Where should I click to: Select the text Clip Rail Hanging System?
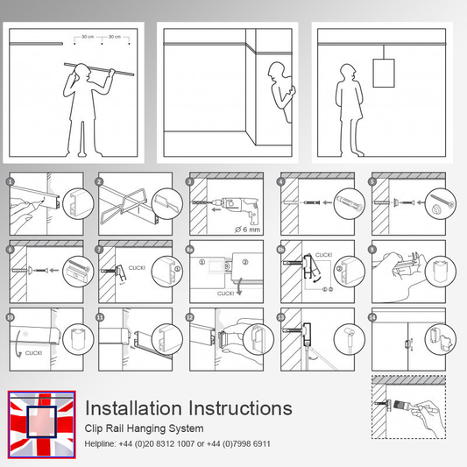145,428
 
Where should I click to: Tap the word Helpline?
100,444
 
